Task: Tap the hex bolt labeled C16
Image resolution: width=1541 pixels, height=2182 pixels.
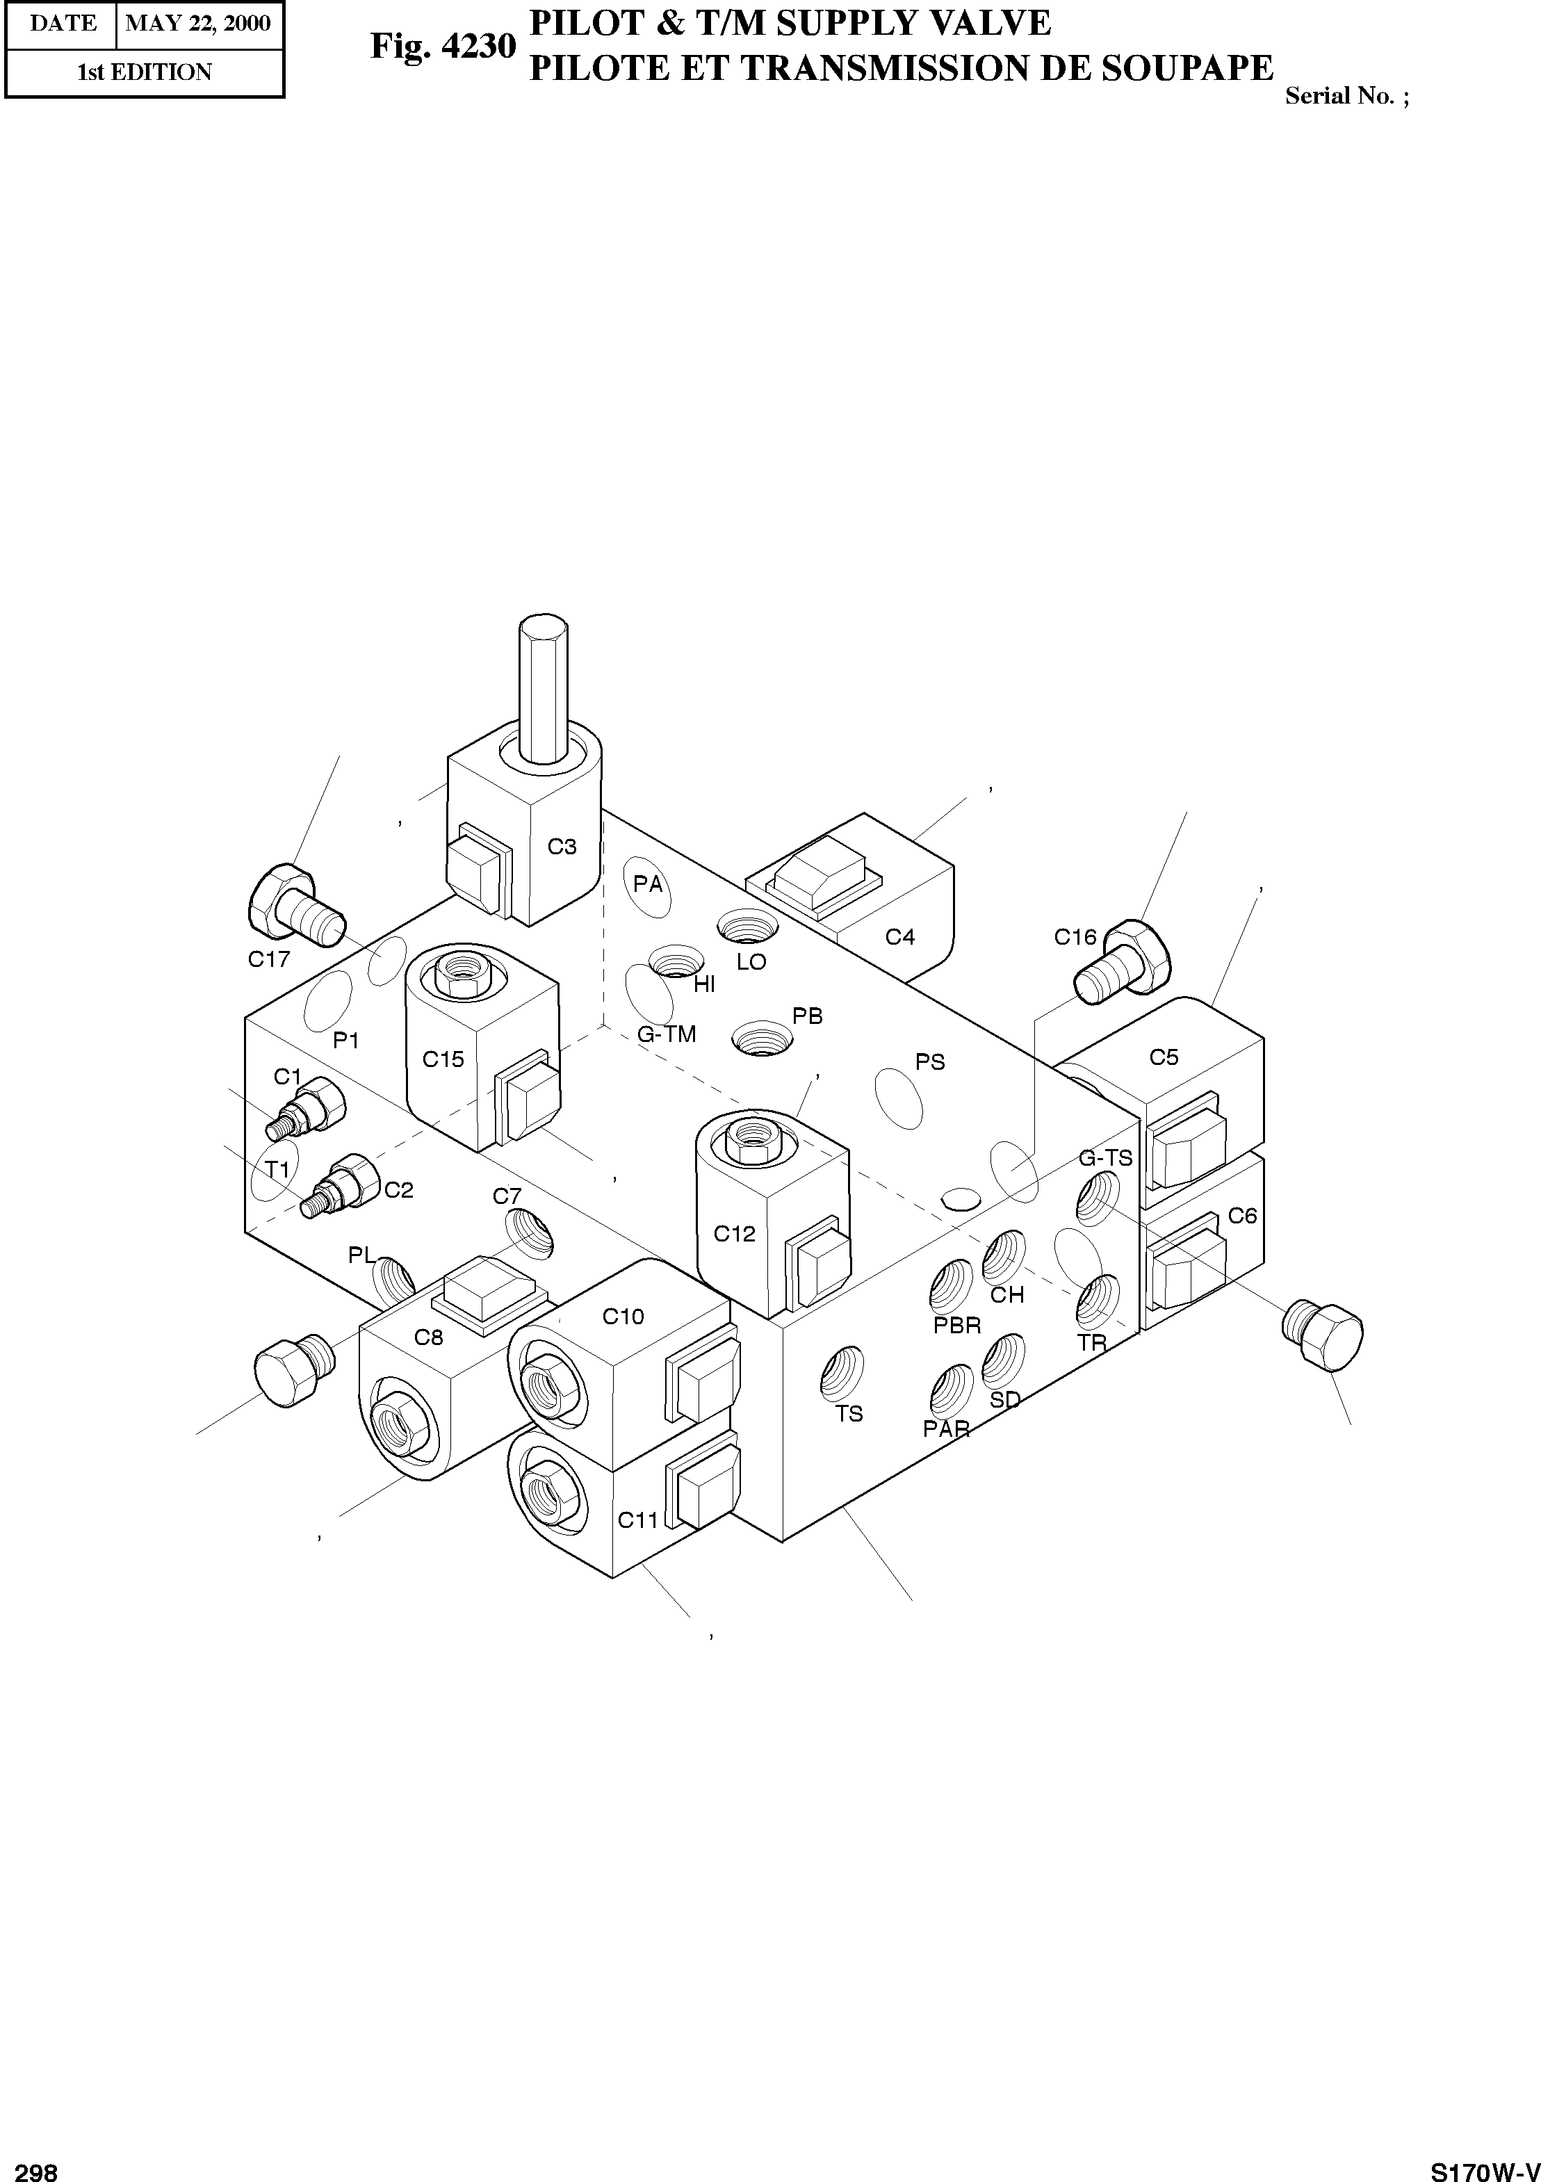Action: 1124,962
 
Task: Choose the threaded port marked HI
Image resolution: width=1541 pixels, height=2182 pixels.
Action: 676,961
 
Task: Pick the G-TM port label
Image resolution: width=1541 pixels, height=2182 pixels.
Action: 667,1034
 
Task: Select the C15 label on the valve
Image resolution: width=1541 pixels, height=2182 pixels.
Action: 443,1059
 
